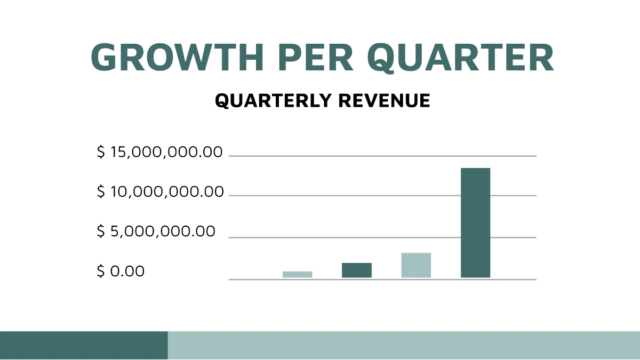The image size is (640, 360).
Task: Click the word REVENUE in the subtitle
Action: tap(384, 101)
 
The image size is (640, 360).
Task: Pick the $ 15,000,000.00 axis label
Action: tap(159, 153)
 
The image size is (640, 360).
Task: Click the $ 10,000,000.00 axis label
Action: tap(160, 191)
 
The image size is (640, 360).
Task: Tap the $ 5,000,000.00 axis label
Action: tap(156, 231)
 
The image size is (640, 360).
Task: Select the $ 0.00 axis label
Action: tap(121, 271)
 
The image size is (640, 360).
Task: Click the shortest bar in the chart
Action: tap(297, 274)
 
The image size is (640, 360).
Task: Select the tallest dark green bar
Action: tap(475, 222)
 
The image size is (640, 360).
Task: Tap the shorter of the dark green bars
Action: tap(356, 270)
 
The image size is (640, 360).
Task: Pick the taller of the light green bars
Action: tap(416, 265)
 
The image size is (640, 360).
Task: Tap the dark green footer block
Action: tap(84, 345)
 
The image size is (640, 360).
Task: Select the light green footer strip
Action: tap(404, 345)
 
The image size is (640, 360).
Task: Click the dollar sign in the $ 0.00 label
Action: tap(100, 271)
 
